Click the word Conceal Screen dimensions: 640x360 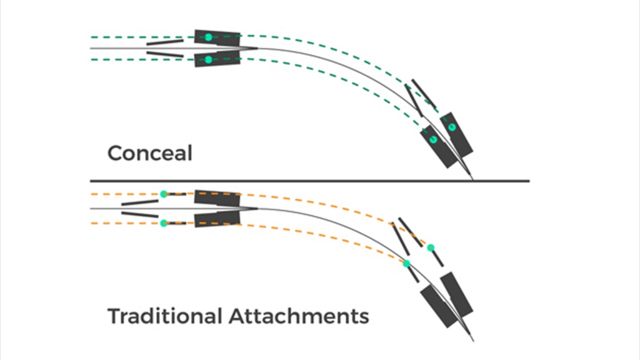pos(150,153)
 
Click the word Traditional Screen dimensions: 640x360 pos(165,316)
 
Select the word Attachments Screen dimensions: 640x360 pos(299,316)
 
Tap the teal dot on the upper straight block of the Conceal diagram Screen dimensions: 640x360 pos(209,37)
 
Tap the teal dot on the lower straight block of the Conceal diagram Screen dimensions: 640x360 pos(209,59)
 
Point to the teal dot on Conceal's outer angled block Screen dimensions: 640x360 pos(451,127)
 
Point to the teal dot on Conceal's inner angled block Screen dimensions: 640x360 pos(434,139)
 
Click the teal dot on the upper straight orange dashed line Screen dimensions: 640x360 pos(164,194)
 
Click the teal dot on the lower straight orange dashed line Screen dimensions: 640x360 pos(164,223)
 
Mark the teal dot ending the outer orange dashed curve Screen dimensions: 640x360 pos(431,247)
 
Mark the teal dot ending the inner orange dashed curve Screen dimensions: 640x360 pos(406,264)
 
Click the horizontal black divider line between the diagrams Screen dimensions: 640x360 pos(310,181)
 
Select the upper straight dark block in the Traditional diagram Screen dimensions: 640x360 pos(217,198)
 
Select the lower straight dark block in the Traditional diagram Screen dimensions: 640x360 pos(217,219)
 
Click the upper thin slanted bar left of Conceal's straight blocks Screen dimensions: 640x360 pos(165,42)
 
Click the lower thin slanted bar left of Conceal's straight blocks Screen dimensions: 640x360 pos(165,54)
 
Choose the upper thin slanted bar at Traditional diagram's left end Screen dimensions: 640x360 pos(140,202)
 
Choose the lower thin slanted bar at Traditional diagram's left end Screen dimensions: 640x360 pos(140,215)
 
